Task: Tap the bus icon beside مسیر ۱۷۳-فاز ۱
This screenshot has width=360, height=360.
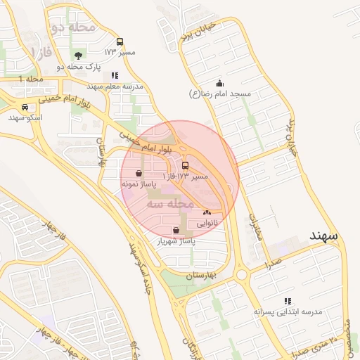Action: coord(185,166)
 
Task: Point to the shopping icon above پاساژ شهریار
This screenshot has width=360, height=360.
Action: coord(176,230)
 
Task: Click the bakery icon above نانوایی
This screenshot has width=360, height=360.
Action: coord(206,212)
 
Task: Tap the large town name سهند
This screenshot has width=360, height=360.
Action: coord(323,236)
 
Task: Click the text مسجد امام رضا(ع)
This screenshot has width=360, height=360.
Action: coord(220,94)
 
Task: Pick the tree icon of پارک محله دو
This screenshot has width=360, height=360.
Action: coord(77,56)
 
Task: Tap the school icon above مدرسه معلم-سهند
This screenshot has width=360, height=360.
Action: coord(115,75)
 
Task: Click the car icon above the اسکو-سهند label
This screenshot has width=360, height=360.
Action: coord(25,107)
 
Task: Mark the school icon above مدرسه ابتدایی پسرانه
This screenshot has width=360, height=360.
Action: coord(286,300)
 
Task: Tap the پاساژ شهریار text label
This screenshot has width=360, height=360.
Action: coord(175,241)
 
